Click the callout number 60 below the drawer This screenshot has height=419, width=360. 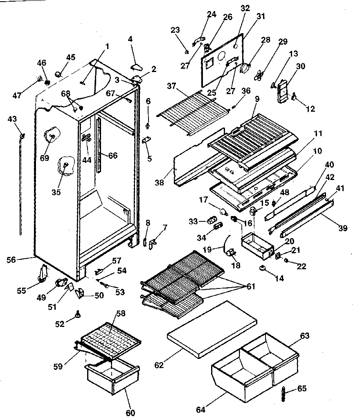click(130, 413)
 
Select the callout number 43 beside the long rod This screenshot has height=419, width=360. click(12, 119)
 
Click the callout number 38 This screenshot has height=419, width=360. click(160, 183)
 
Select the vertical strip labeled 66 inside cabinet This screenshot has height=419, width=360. click(99, 145)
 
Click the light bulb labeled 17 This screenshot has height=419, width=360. click(223, 211)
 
